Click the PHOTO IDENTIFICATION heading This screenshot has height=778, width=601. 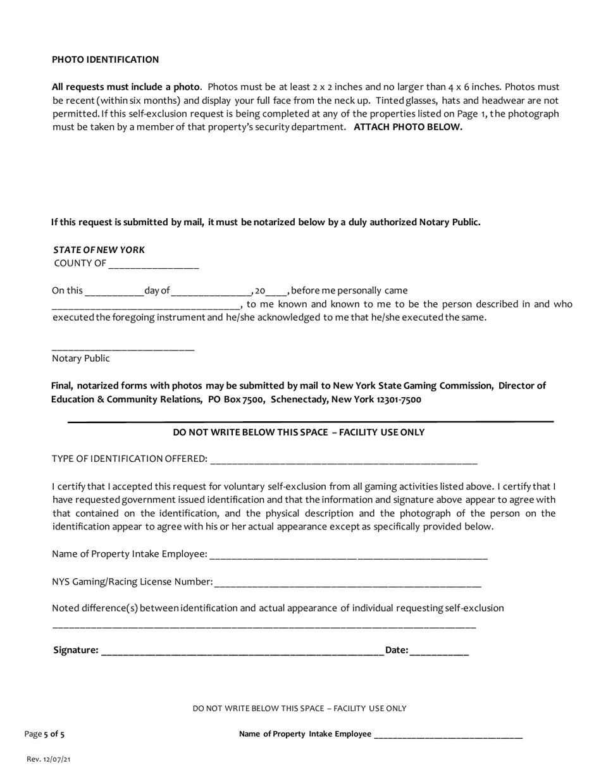[105, 59]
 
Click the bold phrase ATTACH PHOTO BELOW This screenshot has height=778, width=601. [408, 127]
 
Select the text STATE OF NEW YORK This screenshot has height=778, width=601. [99, 250]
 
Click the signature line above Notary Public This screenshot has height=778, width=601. [123, 349]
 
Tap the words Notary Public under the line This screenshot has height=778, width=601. [80, 359]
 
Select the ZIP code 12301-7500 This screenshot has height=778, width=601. [399, 400]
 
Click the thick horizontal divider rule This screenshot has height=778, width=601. [310, 421]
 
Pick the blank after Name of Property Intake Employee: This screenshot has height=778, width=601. [348, 557]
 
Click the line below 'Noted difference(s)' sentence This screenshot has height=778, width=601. [264, 626]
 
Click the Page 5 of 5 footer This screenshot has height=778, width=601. [44, 734]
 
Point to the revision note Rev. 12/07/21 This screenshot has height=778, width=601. [49, 759]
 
